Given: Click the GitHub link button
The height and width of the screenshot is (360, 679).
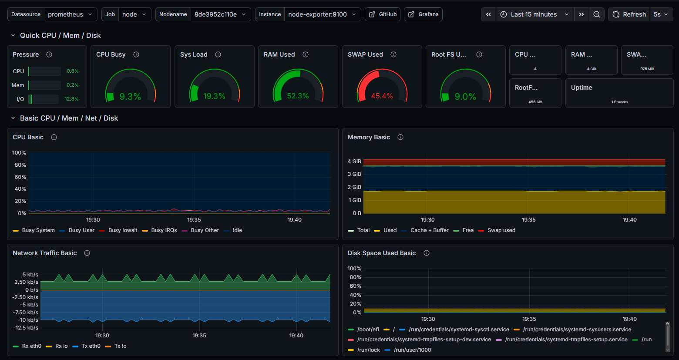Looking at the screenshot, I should click(x=383, y=14).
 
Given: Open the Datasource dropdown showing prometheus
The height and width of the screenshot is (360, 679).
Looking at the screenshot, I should click(x=70, y=14).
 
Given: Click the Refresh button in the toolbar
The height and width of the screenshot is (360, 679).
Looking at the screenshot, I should click(x=629, y=14).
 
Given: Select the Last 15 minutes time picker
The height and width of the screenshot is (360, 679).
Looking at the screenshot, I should click(x=534, y=14).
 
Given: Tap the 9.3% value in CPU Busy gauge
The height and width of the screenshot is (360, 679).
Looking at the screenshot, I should click(x=130, y=97).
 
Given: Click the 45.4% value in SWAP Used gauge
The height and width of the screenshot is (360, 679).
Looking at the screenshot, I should click(x=382, y=96).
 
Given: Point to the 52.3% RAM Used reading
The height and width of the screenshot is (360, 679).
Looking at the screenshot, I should click(x=298, y=96).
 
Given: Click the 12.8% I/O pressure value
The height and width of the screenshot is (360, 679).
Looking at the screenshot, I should click(x=71, y=99).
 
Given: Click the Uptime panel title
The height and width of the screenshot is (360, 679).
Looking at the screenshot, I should click(x=582, y=87).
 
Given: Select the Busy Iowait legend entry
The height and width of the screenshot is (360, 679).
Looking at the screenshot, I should click(x=123, y=230).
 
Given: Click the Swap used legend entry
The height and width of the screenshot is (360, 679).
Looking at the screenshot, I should click(x=501, y=230).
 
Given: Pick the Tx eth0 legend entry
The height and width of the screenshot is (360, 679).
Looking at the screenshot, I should click(x=91, y=346).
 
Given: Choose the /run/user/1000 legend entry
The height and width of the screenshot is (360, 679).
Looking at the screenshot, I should click(x=412, y=350).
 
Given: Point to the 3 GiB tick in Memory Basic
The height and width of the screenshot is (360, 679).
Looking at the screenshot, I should click(x=354, y=174).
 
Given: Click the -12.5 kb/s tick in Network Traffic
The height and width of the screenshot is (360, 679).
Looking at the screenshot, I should click(x=26, y=328).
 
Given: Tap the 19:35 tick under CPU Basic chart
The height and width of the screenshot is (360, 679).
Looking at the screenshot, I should click(x=194, y=220).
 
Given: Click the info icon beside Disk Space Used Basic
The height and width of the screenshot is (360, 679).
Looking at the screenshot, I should click(x=427, y=253).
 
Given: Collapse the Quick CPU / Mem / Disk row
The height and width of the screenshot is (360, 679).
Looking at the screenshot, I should click(x=13, y=36).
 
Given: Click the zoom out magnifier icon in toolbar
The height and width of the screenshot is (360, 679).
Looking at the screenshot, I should click(x=596, y=14).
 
